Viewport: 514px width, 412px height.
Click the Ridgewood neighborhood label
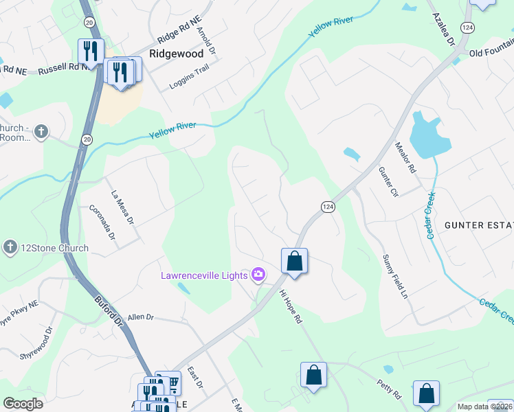pos(177,54)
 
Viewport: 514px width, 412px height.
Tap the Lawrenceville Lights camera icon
pos(258,275)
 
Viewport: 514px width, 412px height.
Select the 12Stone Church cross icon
pos(10,248)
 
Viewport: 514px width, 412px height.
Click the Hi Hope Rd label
pos(290,306)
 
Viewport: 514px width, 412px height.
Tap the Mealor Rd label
pos(405,157)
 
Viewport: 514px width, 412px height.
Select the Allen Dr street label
pos(141,317)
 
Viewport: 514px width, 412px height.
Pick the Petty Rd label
pos(388,389)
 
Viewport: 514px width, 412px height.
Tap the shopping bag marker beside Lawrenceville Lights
pos(294,262)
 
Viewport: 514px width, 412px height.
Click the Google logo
pos(23,404)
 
